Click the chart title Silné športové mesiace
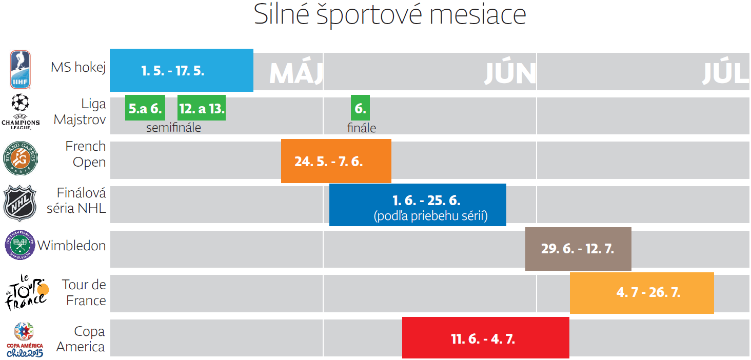(x=390, y=16)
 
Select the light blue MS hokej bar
(x=181, y=70)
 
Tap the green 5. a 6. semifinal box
(x=145, y=108)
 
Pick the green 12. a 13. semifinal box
(x=202, y=108)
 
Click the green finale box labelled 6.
(x=360, y=108)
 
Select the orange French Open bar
(x=336, y=161)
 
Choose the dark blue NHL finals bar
(x=418, y=205)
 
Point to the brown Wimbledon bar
(x=578, y=249)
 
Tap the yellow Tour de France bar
(x=642, y=293)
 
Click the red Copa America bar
(x=485, y=338)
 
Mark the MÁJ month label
(x=296, y=74)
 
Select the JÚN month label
(x=509, y=74)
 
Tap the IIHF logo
(x=21, y=70)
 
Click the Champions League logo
(x=21, y=111)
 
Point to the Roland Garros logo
(x=21, y=158)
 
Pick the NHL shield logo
(x=20, y=203)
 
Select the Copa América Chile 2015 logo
(x=24, y=339)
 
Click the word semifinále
(x=173, y=128)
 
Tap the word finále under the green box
(x=362, y=128)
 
